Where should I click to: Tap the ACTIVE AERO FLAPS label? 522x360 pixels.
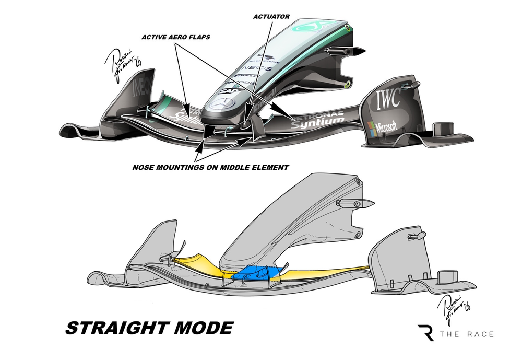[x=177, y=38]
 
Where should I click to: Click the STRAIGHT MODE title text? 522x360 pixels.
[x=149, y=328]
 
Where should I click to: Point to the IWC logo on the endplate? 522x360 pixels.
[x=388, y=97]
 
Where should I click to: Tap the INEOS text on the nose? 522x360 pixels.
[x=259, y=68]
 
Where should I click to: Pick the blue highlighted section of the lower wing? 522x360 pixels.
[x=257, y=273]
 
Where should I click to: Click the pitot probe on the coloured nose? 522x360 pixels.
[x=344, y=51]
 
